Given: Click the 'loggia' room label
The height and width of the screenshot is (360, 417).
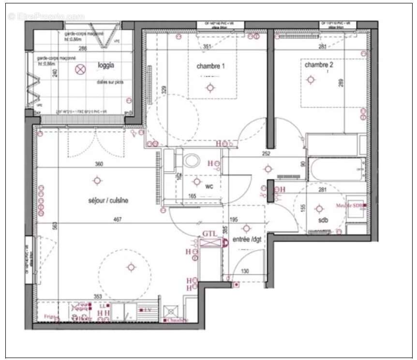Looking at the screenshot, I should [x=106, y=64].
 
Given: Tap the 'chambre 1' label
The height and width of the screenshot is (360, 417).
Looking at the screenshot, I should [x=210, y=66].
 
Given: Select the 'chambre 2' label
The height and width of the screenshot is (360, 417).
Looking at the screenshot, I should [x=319, y=64].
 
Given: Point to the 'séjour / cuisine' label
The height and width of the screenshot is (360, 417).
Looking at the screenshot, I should [x=108, y=200].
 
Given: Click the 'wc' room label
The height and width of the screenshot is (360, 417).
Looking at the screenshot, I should [x=209, y=186].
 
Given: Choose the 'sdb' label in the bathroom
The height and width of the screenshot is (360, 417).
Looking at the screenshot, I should [x=323, y=220].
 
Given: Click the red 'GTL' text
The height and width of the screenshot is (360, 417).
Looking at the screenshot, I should [x=209, y=234].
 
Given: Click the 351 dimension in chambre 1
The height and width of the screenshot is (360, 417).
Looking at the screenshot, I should [x=207, y=47].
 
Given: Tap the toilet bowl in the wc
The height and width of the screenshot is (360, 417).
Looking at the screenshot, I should [x=193, y=160].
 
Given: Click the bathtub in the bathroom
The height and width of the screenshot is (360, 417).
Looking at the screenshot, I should [x=337, y=169].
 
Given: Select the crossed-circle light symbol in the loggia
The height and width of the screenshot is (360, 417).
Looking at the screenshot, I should [x=80, y=70].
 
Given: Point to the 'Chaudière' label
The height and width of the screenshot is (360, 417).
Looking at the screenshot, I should [x=178, y=320].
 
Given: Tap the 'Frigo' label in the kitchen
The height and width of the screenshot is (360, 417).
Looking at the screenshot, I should [x=51, y=316].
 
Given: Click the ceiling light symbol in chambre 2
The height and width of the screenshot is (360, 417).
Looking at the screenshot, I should [x=311, y=80].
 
